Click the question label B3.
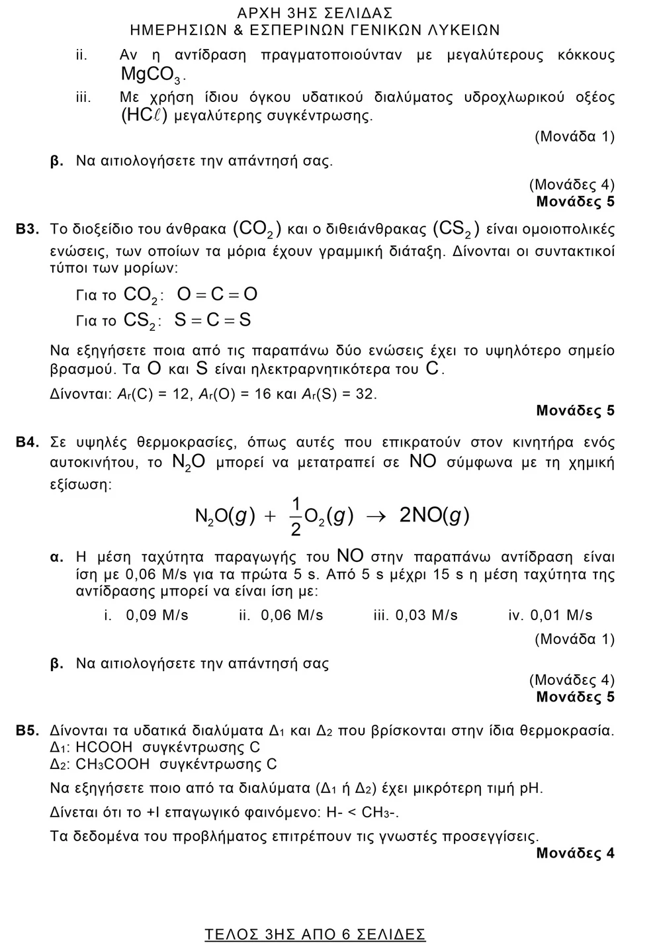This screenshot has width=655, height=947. [28, 230]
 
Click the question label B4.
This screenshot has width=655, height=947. [28, 442]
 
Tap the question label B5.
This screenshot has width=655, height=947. [28, 731]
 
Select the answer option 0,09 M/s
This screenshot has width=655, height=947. [157, 615]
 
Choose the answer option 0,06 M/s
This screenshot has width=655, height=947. [292, 615]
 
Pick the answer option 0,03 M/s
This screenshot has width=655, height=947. [426, 615]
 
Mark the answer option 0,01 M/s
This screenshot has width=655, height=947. [561, 615]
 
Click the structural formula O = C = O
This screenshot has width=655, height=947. [217, 294]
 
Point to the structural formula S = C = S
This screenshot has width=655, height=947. [213, 321]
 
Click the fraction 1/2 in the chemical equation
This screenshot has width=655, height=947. [296, 516]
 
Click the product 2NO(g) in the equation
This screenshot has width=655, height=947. [434, 516]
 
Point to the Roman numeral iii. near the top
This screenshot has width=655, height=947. [83, 97]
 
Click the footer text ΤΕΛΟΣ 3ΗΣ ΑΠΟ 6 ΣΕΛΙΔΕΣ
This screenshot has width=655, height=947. [315, 934]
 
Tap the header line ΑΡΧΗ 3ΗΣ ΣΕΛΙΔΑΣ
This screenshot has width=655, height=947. [315, 13]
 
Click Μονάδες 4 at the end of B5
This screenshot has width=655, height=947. [575, 853]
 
